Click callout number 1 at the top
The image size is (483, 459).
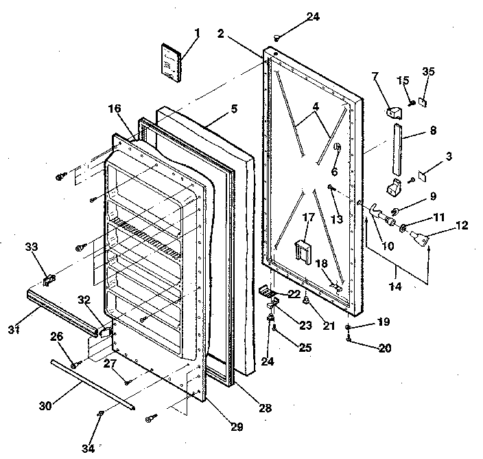tap(198, 33)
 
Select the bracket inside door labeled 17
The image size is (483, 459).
tap(300, 249)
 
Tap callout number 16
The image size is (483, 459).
tap(114, 108)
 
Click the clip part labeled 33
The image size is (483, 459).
tap(49, 280)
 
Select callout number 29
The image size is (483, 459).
tap(237, 427)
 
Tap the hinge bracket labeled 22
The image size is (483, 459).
tap(267, 292)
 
